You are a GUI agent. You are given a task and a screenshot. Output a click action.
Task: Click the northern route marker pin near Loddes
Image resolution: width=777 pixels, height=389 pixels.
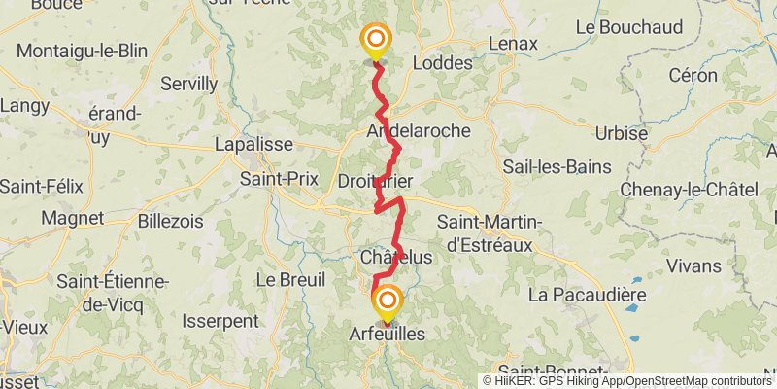tap(375, 41)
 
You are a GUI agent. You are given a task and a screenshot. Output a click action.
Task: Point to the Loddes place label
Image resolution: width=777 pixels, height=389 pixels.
tap(443, 63)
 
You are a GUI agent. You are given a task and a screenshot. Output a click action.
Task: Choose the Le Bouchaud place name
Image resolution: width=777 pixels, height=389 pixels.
tap(628, 28)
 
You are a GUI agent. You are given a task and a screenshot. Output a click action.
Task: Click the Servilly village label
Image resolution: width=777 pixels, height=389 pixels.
tap(188, 84)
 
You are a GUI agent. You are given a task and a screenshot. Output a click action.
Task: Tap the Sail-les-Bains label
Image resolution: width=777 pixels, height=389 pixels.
tap(557, 166)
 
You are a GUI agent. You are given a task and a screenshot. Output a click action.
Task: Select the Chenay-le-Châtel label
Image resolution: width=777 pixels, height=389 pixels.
tap(690, 189)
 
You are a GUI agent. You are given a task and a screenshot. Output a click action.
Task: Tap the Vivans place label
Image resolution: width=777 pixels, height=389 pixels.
tap(693, 265)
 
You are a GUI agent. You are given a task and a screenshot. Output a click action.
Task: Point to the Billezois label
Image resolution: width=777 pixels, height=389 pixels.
tap(171, 221)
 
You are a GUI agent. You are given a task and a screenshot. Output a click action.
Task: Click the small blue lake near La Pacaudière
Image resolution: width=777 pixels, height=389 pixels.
tap(633, 307)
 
